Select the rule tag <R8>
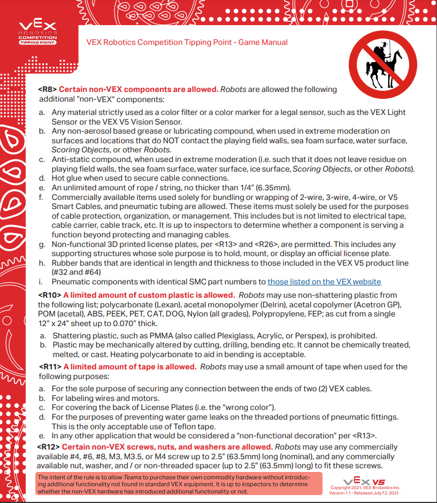tap(47, 89)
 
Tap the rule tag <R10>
tap(49, 295)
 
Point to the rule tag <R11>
tap(50, 367)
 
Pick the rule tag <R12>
tap(49, 447)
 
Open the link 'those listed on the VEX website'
tap(324, 282)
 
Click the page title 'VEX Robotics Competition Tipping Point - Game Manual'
tap(187, 42)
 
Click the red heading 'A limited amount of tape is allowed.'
tap(129, 367)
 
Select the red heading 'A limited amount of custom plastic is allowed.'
tap(149, 295)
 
